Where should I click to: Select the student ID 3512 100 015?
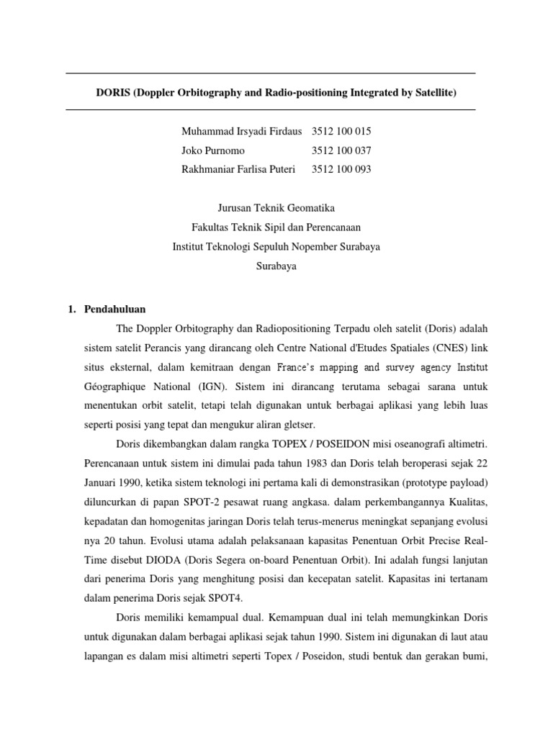(341, 132)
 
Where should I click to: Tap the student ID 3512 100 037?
(341, 150)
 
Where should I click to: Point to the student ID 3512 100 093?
(341, 169)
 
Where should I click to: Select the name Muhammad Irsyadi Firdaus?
(241, 132)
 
